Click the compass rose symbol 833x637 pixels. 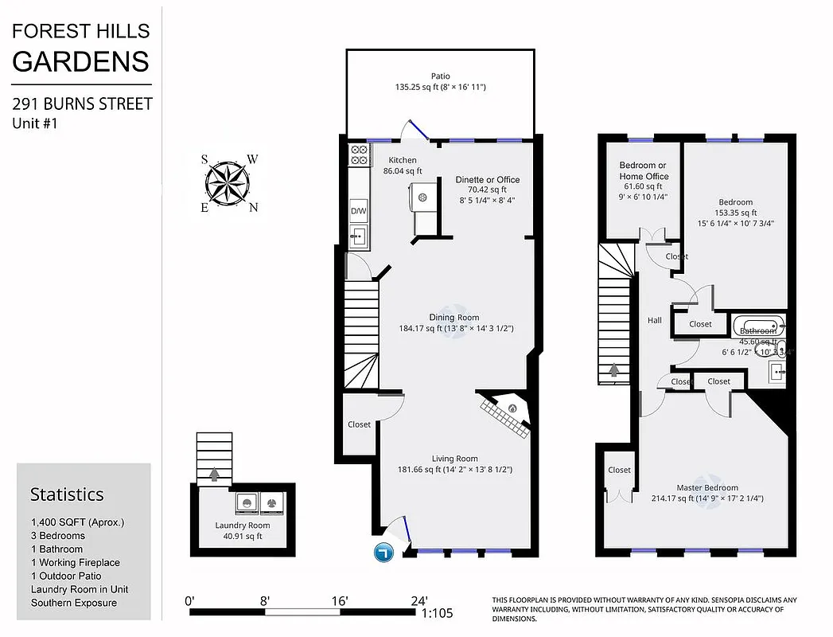(228, 182)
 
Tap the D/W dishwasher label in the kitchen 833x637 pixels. (358, 211)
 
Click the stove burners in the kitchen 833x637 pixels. (358, 154)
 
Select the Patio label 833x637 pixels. (440, 76)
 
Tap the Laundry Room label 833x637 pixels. (242, 526)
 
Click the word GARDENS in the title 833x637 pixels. (80, 61)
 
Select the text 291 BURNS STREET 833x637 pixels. (82, 104)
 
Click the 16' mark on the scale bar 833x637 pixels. (341, 600)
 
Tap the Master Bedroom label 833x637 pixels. (706, 488)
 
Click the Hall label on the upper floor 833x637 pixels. (654, 320)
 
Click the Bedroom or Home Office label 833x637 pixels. (644, 170)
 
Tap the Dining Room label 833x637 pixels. (454, 318)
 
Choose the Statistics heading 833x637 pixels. (67, 494)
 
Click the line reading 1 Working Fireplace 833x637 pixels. (75, 562)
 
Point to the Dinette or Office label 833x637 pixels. (487, 179)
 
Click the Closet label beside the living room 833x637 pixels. (359, 424)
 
